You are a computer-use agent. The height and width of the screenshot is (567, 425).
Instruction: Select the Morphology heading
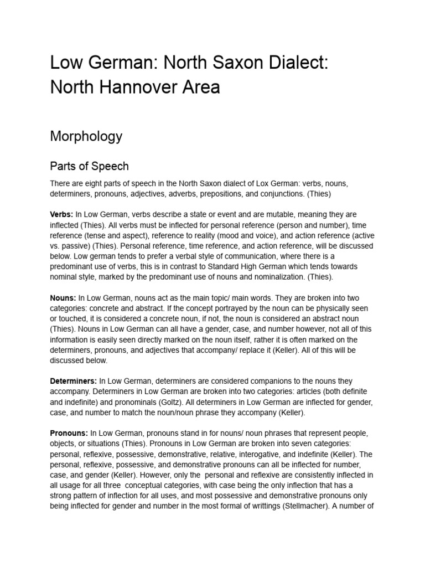coord(86,136)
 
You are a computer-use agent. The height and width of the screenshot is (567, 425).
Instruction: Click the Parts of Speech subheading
coord(89,166)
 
